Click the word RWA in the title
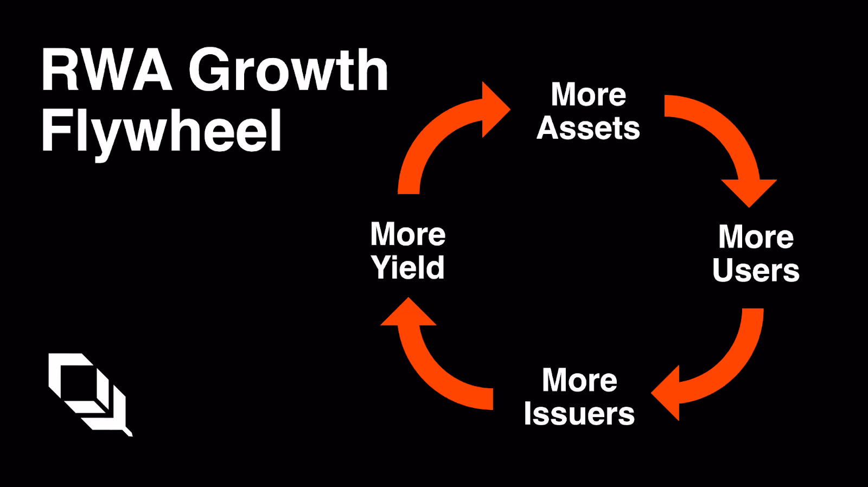[106, 70]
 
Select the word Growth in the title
[288, 70]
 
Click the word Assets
[588, 129]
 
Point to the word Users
[756, 270]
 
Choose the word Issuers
[579, 414]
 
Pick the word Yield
[407, 267]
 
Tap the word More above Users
[756, 237]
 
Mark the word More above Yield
[408, 234]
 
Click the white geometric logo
[90, 393]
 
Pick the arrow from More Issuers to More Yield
[434, 374]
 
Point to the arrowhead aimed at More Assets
[495, 109]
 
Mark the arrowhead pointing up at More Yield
[409, 313]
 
